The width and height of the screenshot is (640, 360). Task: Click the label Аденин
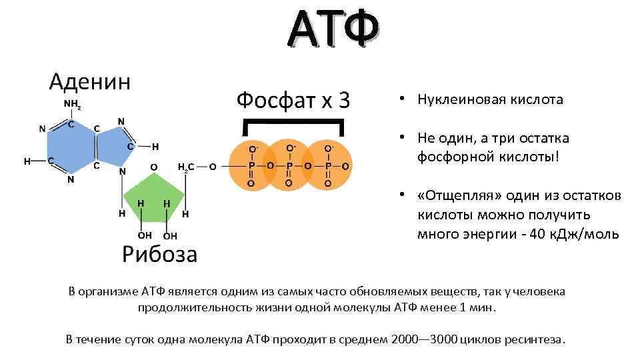(x=90, y=81)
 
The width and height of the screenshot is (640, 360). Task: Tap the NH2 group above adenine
(x=72, y=105)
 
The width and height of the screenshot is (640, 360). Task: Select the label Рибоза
(x=159, y=254)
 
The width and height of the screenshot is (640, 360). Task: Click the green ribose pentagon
(x=154, y=198)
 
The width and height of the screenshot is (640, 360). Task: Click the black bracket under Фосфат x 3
(x=293, y=121)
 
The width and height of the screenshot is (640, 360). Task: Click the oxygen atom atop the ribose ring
(x=154, y=167)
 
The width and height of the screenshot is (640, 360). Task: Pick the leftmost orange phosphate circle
(x=252, y=165)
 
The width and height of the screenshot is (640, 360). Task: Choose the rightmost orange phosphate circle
(x=327, y=165)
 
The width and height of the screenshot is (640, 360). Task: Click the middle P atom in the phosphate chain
(x=289, y=166)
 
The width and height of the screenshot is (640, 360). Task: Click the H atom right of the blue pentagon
(x=155, y=147)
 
